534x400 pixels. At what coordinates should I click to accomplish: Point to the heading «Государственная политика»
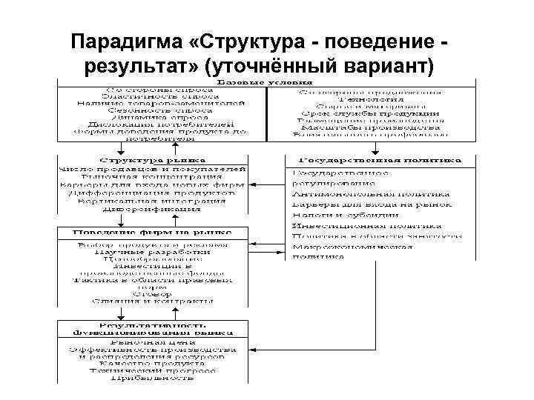pyautogui.click(x=380, y=159)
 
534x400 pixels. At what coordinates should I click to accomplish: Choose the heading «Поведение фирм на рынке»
pyautogui.click(x=144, y=233)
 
